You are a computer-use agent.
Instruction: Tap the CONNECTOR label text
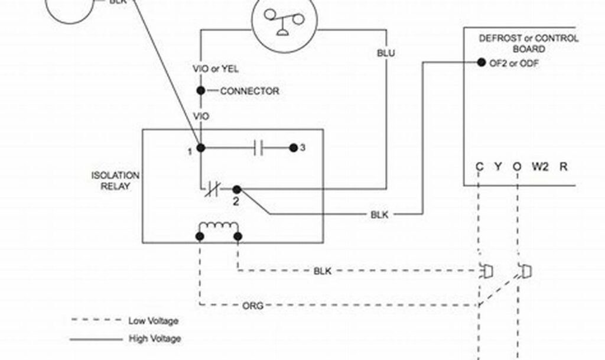click(249, 92)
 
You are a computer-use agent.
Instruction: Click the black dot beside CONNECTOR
click(201, 91)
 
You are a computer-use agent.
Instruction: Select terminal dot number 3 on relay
click(293, 148)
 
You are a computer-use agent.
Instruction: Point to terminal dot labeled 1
click(201, 148)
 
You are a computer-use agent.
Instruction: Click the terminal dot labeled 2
click(236, 190)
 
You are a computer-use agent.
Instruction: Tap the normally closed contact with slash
click(212, 190)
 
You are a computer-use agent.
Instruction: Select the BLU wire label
click(386, 53)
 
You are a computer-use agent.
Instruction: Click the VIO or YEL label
click(216, 69)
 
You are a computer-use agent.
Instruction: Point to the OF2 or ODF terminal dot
click(480, 63)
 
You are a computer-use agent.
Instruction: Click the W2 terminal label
click(539, 167)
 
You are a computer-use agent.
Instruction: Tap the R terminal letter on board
click(563, 167)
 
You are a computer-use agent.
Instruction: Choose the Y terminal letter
click(498, 167)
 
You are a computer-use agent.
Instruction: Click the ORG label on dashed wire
click(253, 306)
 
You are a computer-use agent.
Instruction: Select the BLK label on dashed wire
click(322, 271)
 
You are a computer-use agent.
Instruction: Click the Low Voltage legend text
click(153, 321)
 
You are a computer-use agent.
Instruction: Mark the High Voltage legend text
click(155, 339)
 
